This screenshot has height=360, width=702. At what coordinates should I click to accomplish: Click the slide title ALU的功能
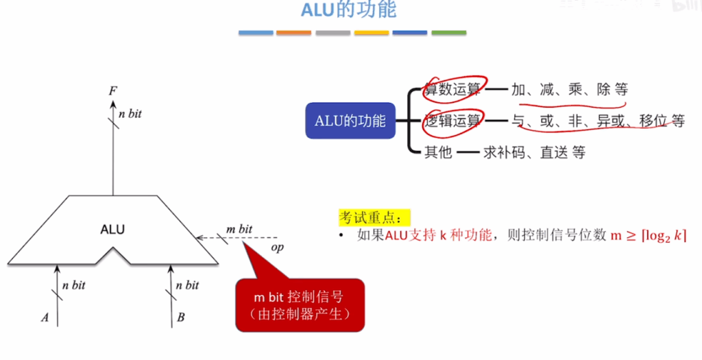[x=349, y=10]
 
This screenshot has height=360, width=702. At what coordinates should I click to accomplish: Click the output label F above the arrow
[x=113, y=91]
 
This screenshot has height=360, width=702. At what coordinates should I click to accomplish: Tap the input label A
[x=45, y=317]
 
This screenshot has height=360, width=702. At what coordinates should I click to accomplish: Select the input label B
[x=181, y=317]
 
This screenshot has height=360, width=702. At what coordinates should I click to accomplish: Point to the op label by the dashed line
[x=278, y=248]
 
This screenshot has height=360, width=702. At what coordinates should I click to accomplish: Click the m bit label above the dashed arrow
[x=239, y=229]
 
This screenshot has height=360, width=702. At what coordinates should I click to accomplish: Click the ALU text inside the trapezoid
[x=112, y=230]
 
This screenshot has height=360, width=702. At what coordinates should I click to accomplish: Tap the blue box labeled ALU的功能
[x=350, y=121]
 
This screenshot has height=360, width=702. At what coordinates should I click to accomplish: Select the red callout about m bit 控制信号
[x=300, y=305]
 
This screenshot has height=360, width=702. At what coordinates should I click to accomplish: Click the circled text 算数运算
[x=452, y=89]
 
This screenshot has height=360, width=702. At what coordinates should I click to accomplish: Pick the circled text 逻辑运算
[x=452, y=121]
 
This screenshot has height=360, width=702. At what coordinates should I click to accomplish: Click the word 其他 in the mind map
[x=438, y=152]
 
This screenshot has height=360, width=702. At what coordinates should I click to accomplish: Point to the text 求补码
[x=504, y=152]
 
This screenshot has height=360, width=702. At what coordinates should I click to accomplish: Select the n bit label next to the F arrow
[x=130, y=114]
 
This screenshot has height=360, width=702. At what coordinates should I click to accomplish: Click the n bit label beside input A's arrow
[x=74, y=285]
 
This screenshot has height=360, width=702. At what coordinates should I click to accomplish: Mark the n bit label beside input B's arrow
[x=187, y=285]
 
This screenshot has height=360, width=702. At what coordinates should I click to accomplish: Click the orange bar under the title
[x=293, y=33]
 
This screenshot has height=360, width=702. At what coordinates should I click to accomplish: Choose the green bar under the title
[x=448, y=33]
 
